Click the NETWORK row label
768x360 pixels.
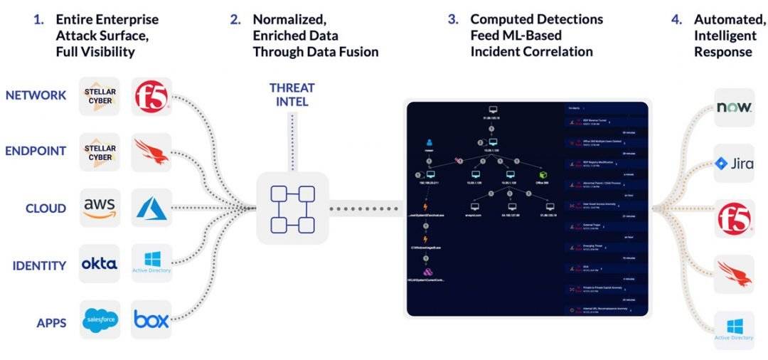coord(36,95)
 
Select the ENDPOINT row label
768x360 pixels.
coord(36,151)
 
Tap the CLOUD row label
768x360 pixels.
coord(46,208)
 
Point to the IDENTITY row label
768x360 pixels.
coord(39,265)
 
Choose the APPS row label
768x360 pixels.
coord(51,323)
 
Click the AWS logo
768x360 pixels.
coord(100,208)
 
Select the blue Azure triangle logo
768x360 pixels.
coord(151,208)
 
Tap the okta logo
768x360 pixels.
coord(100,265)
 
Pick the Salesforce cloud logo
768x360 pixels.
coord(100,322)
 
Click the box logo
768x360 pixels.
coord(151,322)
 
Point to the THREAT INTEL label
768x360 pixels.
coord(292,95)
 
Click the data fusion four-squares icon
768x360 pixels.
coord(292,208)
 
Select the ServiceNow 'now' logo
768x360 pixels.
coord(733,107)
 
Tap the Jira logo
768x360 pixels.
coord(733,164)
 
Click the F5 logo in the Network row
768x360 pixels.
coord(151,97)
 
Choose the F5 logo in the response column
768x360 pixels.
coord(733,218)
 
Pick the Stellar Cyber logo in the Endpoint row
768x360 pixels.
coord(100,152)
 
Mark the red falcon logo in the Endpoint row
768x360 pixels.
coord(151,151)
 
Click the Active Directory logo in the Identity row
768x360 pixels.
coord(151,262)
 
